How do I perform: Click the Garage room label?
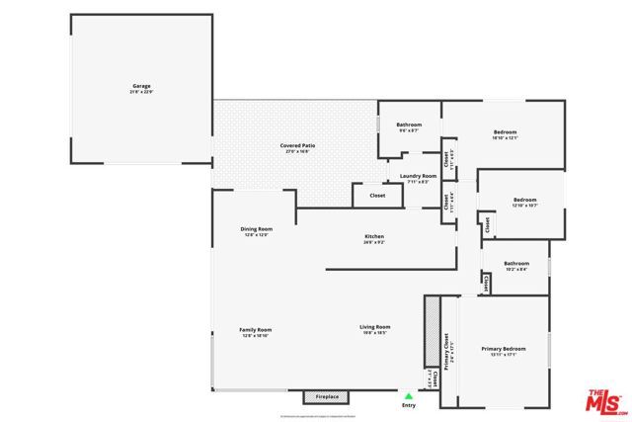coord(142,87)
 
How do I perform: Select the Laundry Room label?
coord(418,177)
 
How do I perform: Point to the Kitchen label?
coord(374,236)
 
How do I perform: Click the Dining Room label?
coord(256,229)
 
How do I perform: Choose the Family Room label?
coord(255,330)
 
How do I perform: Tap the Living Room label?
coord(374,327)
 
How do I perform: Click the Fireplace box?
coord(327,397)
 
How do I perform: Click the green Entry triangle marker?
coord(409,395)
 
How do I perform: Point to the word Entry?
coord(409,405)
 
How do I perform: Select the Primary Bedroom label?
coord(504,349)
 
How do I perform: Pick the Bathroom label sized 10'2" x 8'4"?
coord(515,263)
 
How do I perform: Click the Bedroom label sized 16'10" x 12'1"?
coord(505,132)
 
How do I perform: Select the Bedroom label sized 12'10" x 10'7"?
coord(524,201)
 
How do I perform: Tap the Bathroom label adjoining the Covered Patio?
coord(409,125)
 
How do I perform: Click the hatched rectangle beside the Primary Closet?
coord(432,331)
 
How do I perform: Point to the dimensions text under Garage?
coord(142,93)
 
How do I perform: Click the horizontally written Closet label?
coord(377,195)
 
